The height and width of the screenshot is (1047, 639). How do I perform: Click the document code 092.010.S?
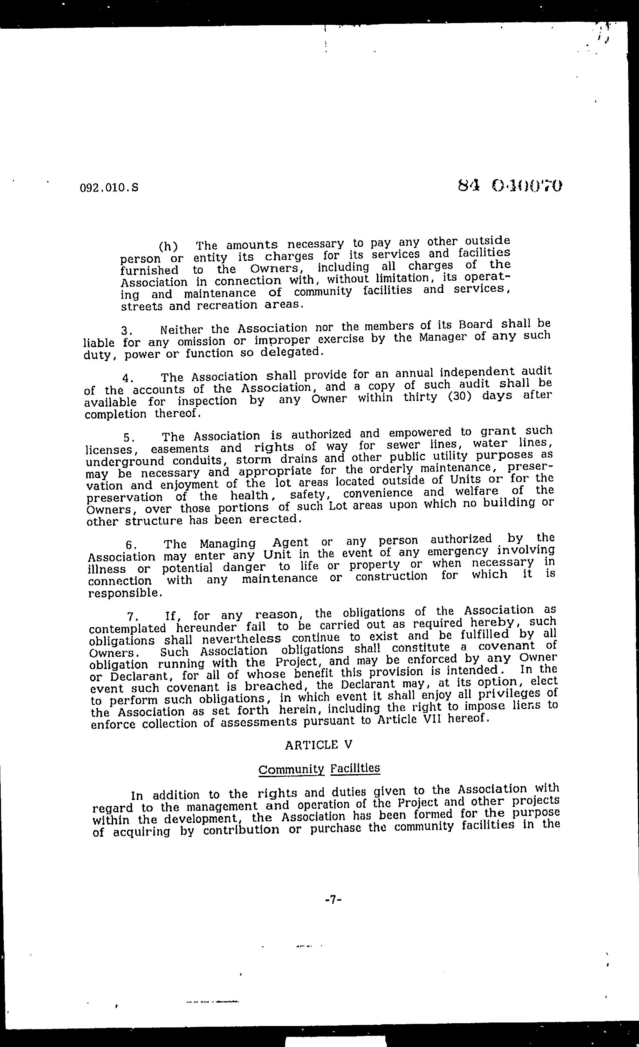point(109,188)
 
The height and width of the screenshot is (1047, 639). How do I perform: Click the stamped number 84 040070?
point(510,186)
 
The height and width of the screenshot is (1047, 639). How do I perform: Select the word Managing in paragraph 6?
point(228,544)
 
